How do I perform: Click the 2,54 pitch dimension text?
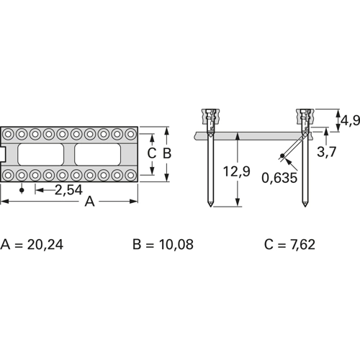68,190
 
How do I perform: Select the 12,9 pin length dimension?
236,171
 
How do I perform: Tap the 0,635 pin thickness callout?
279,178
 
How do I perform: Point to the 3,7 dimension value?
327,151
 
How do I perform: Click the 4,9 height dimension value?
350,120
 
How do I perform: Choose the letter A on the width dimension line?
89,202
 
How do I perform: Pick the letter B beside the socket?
167,153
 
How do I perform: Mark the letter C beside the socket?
152,153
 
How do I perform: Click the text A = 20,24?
32,245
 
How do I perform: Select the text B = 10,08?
163,245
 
